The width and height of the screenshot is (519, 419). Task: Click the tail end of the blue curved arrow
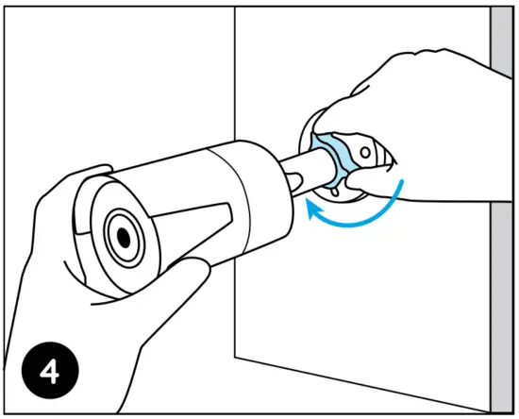point(402,180)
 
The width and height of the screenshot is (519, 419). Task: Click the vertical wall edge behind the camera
point(235,75)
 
